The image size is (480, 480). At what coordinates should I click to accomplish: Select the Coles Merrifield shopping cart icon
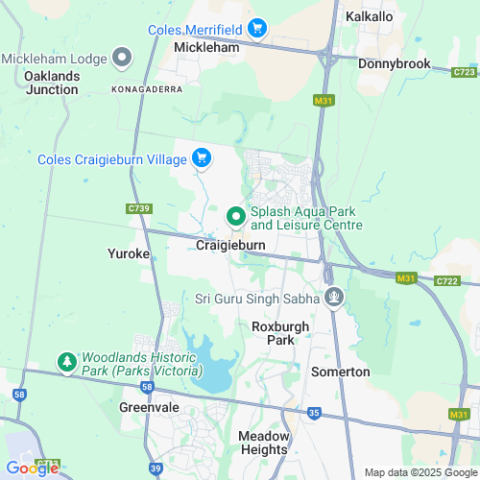click(256, 29)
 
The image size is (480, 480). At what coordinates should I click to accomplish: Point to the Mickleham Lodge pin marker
click(122, 59)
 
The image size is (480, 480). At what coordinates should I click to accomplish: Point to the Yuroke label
click(128, 254)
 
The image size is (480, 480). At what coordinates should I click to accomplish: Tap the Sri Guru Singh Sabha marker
click(333, 299)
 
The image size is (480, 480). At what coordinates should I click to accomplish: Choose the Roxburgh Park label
click(280, 333)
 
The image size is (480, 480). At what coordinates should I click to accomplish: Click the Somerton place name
click(339, 371)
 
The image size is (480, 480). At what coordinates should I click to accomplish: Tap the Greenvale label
click(144, 406)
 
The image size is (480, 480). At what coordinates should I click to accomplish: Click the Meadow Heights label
click(262, 442)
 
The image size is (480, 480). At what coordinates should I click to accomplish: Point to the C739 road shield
click(139, 208)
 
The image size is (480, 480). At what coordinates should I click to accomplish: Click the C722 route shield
click(446, 281)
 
